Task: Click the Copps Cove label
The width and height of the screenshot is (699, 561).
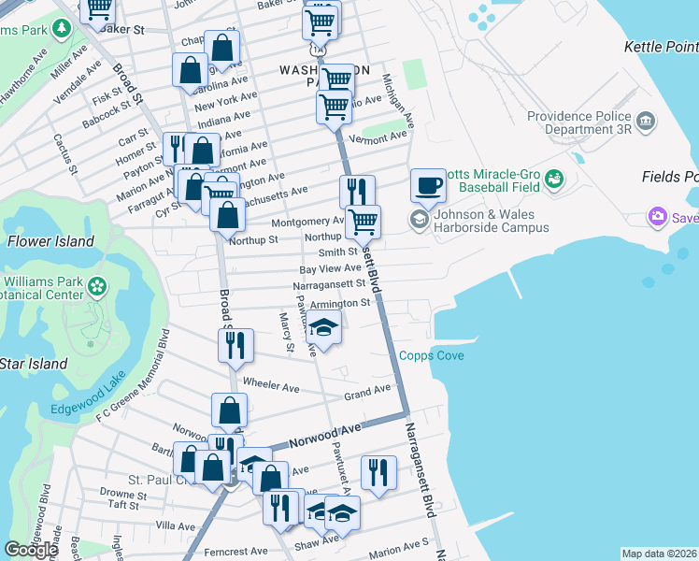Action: pos(432,355)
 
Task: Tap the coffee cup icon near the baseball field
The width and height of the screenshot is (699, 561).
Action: pos(428,184)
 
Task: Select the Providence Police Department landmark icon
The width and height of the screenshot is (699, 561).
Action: pos(644,122)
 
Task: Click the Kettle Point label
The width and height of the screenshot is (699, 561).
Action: pos(661,46)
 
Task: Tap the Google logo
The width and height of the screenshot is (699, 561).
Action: pos(31,549)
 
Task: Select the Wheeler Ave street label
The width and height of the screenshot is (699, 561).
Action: pos(270,385)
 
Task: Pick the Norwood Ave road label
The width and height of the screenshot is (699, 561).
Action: pos(324,435)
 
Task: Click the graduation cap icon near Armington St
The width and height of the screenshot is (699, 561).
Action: pos(324,329)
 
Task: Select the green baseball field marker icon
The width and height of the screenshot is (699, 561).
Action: pos(554,178)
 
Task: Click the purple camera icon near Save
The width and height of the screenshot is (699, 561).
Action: pos(658,218)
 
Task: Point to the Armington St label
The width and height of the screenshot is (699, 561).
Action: pos(340,304)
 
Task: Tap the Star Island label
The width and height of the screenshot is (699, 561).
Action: pos(34,363)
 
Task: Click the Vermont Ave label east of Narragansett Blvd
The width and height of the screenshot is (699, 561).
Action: pos(378,137)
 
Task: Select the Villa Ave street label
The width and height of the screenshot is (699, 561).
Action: pos(176,526)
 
